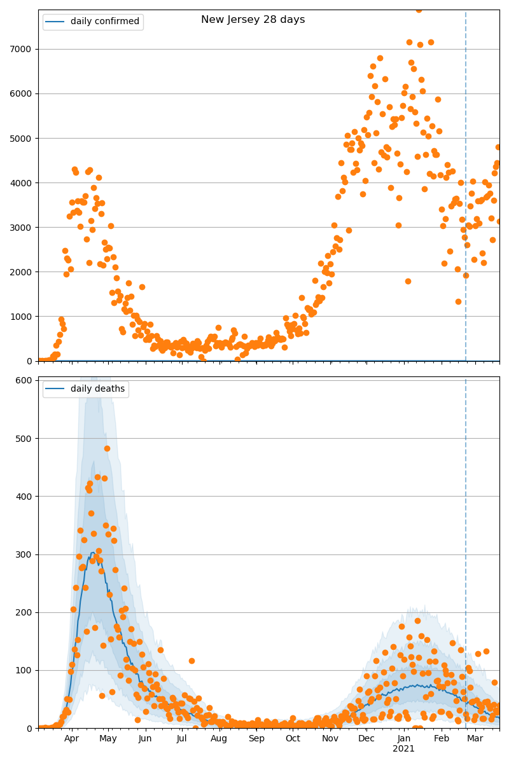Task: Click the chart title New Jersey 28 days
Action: pyautogui.click(x=253, y=20)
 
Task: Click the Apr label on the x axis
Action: pyautogui.click(x=71, y=738)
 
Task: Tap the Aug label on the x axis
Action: pyautogui.click(x=219, y=738)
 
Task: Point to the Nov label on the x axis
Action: pyautogui.click(x=330, y=738)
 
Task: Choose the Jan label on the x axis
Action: pyautogui.click(x=403, y=738)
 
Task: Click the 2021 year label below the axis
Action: pyautogui.click(x=403, y=749)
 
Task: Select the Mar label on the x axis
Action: pyautogui.click(x=475, y=738)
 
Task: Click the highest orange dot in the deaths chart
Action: pyautogui.click(x=107, y=448)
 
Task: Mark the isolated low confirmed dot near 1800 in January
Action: pyautogui.click(x=408, y=281)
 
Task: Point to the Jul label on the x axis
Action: pyautogui.click(x=182, y=738)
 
